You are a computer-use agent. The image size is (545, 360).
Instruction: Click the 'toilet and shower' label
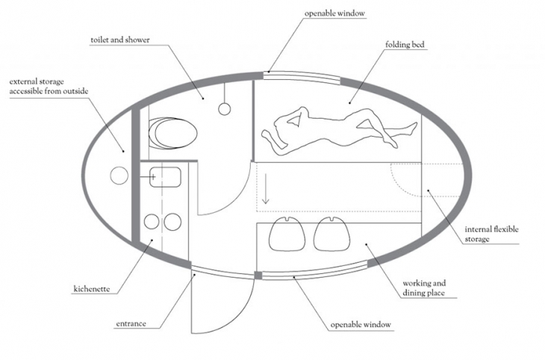(x=120, y=40)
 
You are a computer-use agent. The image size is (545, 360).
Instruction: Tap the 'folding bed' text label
(x=405, y=45)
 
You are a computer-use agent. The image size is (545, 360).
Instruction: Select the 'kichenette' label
(x=92, y=289)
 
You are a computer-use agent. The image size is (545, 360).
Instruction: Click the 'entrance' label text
(x=131, y=324)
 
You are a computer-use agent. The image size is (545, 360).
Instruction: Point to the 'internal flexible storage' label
(x=491, y=234)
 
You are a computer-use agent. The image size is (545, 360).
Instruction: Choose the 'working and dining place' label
(x=424, y=288)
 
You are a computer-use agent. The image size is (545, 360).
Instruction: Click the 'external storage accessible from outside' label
(x=49, y=86)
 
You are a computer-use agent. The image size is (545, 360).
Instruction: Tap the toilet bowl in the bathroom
(x=172, y=133)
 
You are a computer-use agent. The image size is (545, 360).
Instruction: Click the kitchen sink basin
(x=165, y=177)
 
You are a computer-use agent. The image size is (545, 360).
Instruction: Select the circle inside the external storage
(x=119, y=176)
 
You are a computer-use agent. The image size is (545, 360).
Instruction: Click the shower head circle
(x=225, y=109)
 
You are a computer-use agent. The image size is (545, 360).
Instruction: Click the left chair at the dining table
(x=287, y=234)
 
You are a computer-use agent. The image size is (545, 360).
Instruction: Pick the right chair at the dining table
(x=331, y=234)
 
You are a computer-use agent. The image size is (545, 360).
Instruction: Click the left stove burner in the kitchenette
(x=152, y=222)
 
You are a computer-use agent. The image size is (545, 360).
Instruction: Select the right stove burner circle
(x=172, y=222)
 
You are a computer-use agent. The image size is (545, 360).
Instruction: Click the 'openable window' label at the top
(x=334, y=13)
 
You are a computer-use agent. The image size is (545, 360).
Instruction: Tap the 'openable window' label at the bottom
(x=361, y=325)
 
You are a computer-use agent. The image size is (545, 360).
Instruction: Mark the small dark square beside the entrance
(x=258, y=275)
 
